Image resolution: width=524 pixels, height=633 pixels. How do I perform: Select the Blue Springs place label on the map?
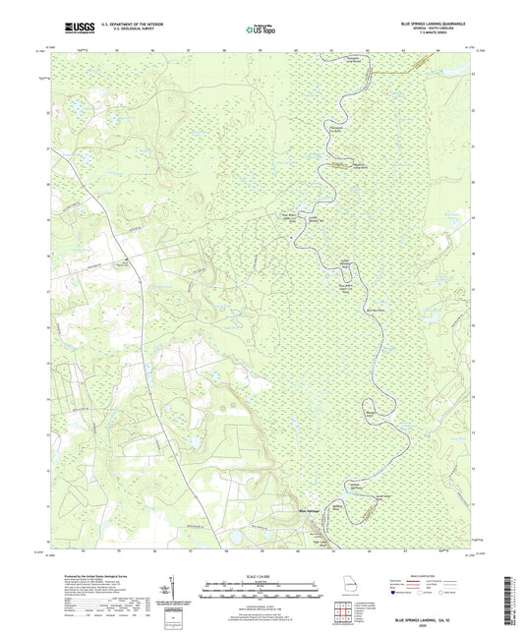click(x=309, y=510)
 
